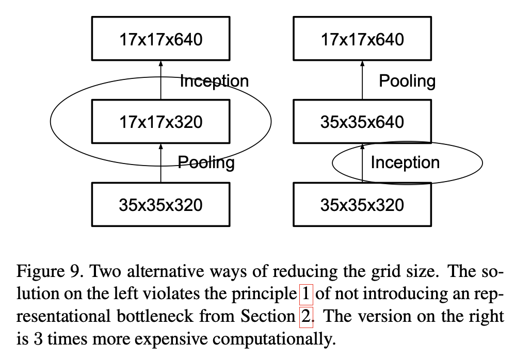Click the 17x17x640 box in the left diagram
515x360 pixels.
(x=160, y=39)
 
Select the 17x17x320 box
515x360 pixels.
(x=160, y=122)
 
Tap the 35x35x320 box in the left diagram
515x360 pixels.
(x=160, y=205)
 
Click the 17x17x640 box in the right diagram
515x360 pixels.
(x=362, y=39)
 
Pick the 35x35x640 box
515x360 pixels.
(x=362, y=122)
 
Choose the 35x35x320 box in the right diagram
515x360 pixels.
(x=362, y=205)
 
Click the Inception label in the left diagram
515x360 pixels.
(x=214, y=81)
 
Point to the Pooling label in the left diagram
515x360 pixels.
(x=206, y=163)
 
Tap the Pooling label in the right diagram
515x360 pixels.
(x=407, y=81)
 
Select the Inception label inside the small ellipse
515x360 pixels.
(x=405, y=163)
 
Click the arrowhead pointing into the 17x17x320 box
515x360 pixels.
(x=160, y=146)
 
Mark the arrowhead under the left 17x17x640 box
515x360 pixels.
(x=160, y=63)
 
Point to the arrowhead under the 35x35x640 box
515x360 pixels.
(x=362, y=146)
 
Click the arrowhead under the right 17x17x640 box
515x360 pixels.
(x=362, y=63)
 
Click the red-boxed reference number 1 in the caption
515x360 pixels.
(x=306, y=293)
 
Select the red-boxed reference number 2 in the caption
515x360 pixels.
(x=306, y=316)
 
